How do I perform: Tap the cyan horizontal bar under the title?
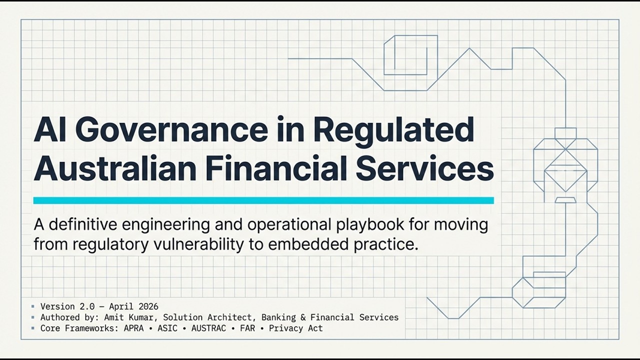(263, 200)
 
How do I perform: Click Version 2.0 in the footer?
(65, 306)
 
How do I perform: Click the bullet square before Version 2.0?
(33, 306)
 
